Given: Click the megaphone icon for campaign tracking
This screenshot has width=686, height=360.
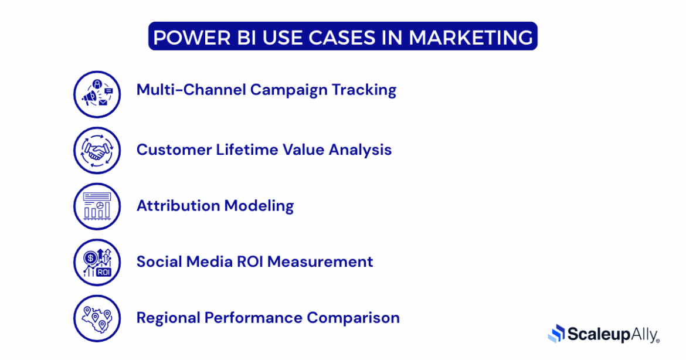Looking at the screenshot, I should (97, 94).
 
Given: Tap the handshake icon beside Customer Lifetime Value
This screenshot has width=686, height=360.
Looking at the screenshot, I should (97, 151).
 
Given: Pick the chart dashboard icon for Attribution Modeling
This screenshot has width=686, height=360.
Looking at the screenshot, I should (97, 206).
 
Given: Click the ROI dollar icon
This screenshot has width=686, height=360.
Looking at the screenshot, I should (97, 262).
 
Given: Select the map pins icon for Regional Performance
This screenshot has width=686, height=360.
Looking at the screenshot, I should (97, 318).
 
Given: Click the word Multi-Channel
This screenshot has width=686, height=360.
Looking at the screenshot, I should (191, 90).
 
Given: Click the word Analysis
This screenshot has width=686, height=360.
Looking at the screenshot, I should (359, 150).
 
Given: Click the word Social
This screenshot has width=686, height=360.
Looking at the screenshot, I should (159, 261).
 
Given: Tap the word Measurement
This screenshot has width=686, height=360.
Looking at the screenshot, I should (320, 261).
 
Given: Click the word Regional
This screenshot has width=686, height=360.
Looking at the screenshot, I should (168, 318).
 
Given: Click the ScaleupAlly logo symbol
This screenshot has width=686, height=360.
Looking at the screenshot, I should (556, 334).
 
